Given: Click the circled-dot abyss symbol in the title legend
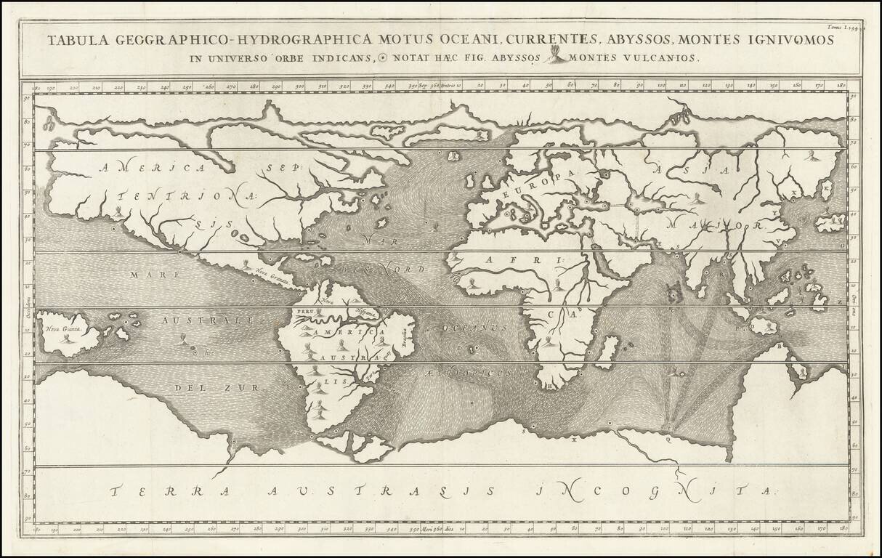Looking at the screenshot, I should pyautogui.click(x=383, y=59).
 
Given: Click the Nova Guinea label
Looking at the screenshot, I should pyautogui.click(x=61, y=328).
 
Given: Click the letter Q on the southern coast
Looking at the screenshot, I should pyautogui.click(x=667, y=438).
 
